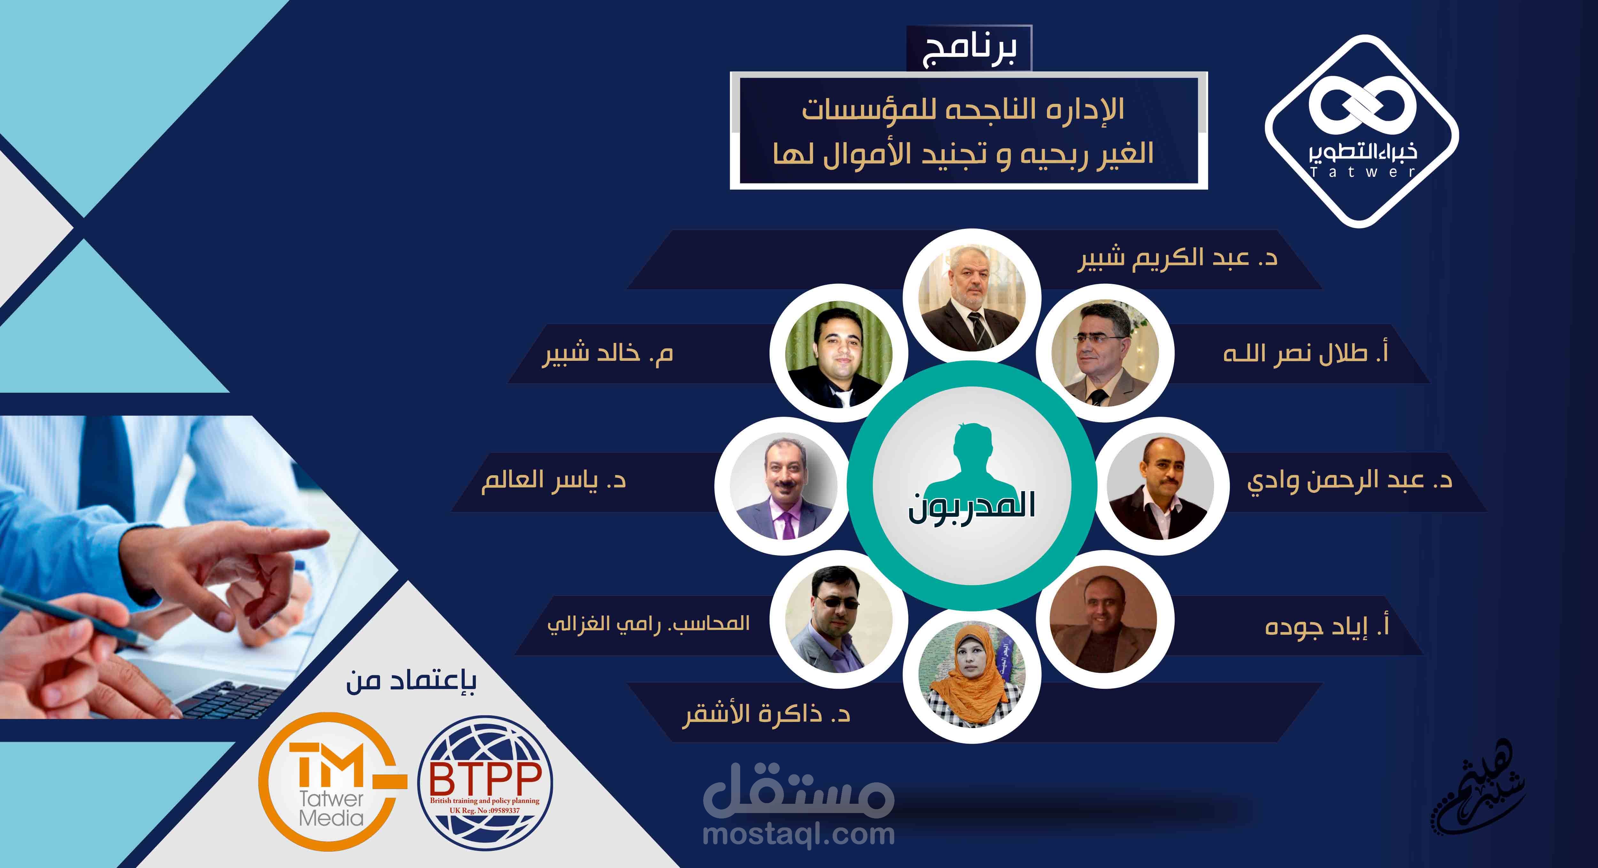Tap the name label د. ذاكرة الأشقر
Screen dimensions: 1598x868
click(x=766, y=714)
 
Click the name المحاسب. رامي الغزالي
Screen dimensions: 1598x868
click(x=648, y=623)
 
